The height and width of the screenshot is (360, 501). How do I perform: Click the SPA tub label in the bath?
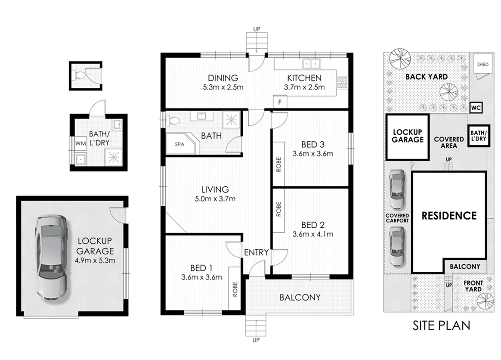tap(179, 145)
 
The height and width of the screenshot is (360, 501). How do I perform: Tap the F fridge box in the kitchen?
tap(280, 102)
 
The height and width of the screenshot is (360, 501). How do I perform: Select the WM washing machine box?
tap(81, 143)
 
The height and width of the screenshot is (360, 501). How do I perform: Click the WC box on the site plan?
tap(476, 108)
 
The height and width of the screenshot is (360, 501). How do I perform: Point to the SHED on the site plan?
tap(482, 64)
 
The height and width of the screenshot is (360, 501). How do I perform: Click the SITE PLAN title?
tap(441, 326)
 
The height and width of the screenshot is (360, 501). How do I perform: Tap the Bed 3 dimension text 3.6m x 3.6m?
tap(313, 153)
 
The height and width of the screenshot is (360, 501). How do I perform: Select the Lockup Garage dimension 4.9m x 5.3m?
tap(95, 260)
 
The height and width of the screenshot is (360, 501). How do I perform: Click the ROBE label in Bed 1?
tap(235, 289)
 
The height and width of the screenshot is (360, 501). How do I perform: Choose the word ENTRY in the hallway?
tap(256, 253)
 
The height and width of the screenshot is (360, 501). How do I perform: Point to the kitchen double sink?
tap(312, 64)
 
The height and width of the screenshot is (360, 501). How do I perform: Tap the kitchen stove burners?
tap(342, 82)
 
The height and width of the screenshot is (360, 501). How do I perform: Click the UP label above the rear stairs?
tap(257, 29)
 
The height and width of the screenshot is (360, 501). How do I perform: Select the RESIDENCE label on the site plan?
tap(449, 216)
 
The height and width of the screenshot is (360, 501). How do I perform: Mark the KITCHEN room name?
tap(304, 78)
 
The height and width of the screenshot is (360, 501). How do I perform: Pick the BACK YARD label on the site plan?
tap(427, 77)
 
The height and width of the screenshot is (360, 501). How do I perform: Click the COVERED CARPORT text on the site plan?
tap(397, 218)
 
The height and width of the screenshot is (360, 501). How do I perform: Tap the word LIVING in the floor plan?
tap(215, 189)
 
